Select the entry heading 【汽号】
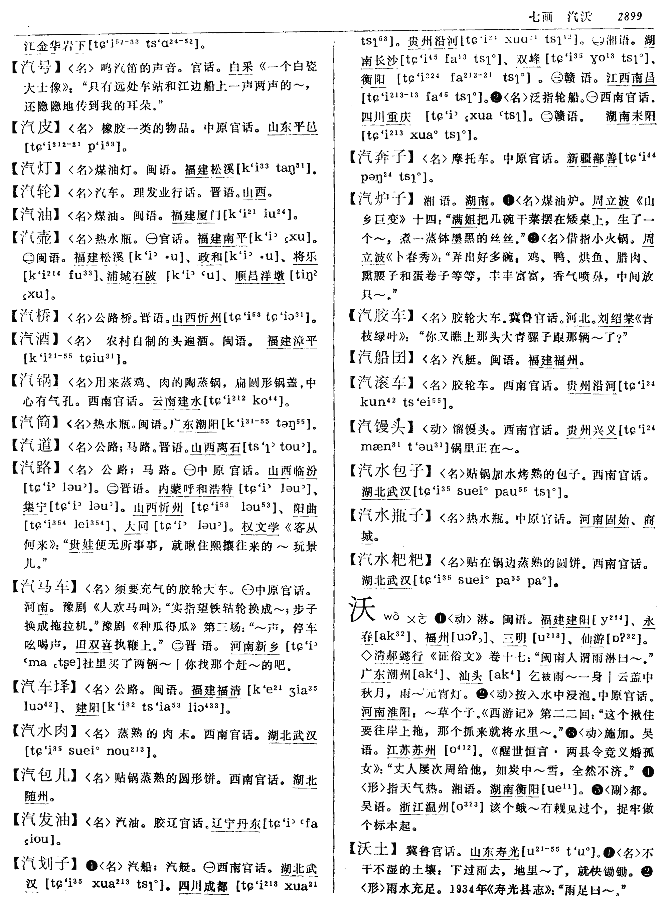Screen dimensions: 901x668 pyautogui.click(x=36, y=67)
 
